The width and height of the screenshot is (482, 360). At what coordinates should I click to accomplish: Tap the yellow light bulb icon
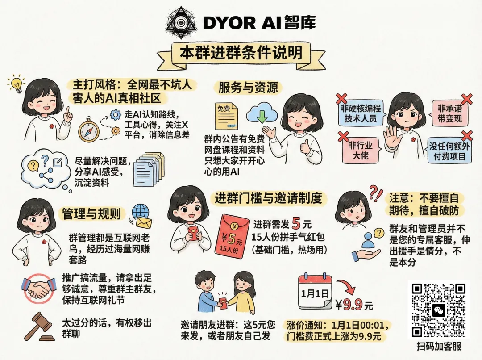(17, 83)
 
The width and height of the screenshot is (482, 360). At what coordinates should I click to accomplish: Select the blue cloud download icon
(262, 114)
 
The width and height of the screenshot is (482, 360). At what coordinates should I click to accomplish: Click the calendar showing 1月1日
(315, 291)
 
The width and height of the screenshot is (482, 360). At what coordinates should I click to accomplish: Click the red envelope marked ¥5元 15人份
(235, 235)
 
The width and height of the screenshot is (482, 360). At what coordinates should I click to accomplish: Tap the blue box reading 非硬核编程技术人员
(361, 113)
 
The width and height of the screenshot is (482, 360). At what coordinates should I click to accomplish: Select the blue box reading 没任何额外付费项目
(449, 151)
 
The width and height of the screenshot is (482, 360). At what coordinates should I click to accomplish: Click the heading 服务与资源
(248, 88)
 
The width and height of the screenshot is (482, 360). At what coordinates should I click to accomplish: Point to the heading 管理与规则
(91, 213)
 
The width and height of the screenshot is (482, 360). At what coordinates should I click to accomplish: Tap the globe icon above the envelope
(141, 212)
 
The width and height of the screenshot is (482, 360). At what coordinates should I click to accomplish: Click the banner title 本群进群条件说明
(241, 53)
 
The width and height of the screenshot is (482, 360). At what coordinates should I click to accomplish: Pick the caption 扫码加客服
(439, 347)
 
